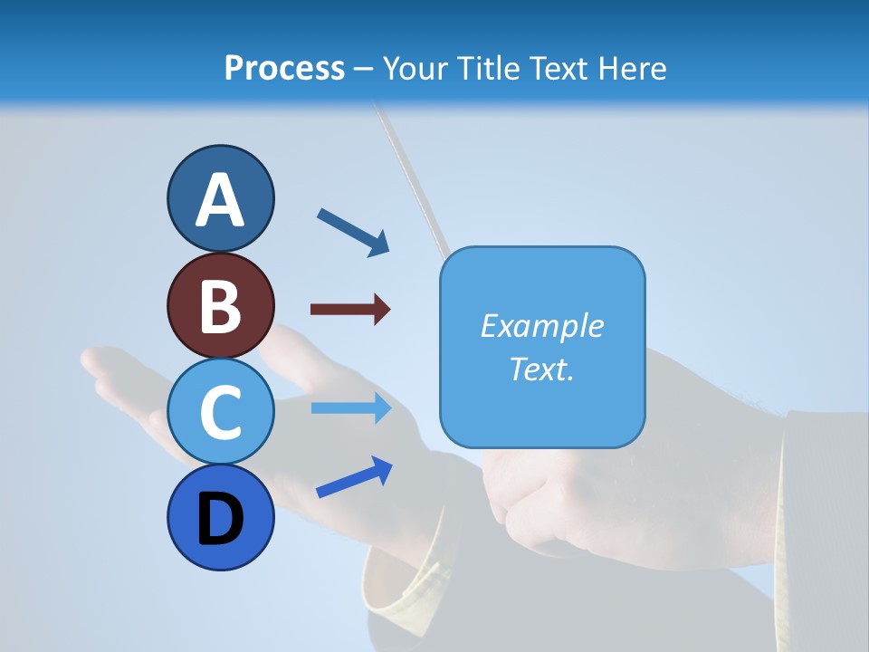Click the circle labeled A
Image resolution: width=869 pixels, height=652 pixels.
point(220,198)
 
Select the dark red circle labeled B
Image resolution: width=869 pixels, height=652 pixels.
point(220,305)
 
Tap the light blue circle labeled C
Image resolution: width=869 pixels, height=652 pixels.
point(220,411)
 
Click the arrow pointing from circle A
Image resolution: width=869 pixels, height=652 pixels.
point(353,232)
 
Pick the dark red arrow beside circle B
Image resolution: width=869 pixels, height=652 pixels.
point(350,310)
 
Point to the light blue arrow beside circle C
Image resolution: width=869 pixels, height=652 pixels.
point(350,407)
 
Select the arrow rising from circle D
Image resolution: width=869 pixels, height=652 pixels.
point(354,477)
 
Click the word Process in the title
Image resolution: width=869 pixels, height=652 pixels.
point(284,69)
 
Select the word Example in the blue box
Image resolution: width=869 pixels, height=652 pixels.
point(541,326)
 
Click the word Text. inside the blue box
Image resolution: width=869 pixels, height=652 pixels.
point(541,369)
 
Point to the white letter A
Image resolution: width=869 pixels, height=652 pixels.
point(220,200)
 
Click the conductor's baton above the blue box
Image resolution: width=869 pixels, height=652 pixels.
point(417,182)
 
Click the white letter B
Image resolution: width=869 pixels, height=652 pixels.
point(220,306)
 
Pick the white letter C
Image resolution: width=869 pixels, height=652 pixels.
point(220,412)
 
